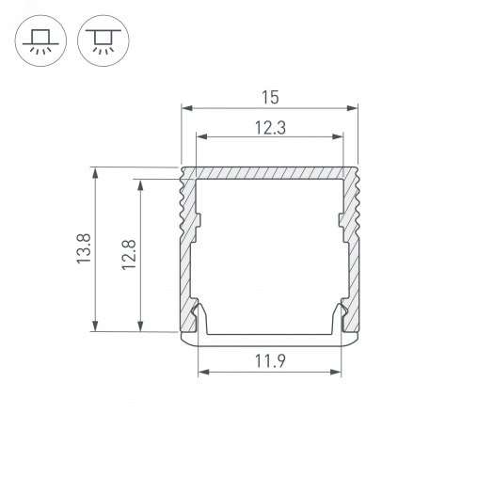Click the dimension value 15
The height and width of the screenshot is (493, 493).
269,97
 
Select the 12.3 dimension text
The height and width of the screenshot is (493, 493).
269,125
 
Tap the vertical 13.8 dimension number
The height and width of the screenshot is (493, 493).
84,249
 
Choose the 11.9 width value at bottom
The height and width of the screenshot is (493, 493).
269,358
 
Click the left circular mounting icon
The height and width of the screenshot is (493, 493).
40,41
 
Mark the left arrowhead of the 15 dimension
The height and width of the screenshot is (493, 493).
184,109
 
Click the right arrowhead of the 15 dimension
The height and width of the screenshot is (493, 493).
355,109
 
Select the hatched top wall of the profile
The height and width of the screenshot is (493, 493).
269,173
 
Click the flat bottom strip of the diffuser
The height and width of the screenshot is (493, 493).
269,336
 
